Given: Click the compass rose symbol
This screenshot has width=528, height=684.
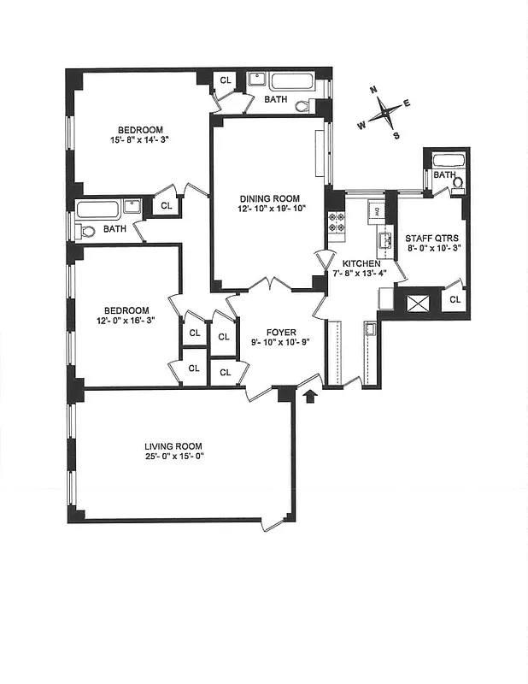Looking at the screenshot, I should (387, 111).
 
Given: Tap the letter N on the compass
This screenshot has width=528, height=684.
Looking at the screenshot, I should (373, 90).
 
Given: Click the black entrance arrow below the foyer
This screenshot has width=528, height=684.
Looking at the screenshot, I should (310, 395).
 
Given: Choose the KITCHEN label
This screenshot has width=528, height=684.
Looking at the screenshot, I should (360, 263).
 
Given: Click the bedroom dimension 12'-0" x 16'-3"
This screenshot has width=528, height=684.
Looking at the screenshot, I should (126, 321).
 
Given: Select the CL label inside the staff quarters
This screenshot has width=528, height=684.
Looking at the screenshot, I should (455, 300).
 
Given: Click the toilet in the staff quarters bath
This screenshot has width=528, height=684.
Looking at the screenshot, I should (456, 182).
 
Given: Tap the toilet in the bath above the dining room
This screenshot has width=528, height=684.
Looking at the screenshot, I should (305, 106).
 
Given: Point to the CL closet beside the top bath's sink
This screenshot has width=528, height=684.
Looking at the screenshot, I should (226, 80).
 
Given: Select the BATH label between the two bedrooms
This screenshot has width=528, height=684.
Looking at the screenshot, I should (114, 229).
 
